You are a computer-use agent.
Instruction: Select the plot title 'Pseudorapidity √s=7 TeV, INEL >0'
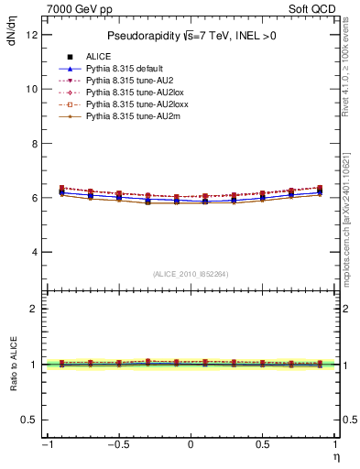191,36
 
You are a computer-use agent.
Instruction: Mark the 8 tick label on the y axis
33,144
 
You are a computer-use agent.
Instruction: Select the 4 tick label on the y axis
33,252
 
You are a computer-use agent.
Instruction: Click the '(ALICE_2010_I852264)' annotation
191,273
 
